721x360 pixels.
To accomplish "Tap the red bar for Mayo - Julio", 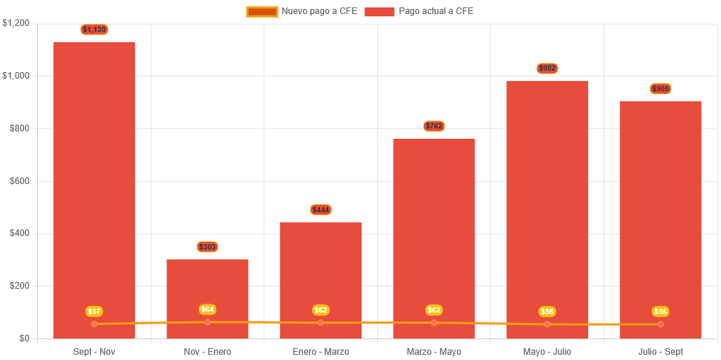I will (x=547, y=200).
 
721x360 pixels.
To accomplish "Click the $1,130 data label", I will (x=94, y=30).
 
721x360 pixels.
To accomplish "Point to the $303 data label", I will (x=207, y=246).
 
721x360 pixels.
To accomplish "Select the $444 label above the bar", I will (x=321, y=210).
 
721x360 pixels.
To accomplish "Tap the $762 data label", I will (x=434, y=126).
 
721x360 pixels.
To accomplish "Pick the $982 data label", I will (x=547, y=68).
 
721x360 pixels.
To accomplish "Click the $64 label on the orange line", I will (x=207, y=310).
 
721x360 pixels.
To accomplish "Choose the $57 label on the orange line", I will (x=94, y=312).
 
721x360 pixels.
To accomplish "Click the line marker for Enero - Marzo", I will (x=321, y=323).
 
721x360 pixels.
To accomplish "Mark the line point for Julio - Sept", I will (x=660, y=324).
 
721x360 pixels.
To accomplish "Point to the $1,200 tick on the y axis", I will (x=16, y=23).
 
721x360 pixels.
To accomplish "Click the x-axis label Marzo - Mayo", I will (x=434, y=351).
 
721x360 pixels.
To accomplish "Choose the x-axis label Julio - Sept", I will (x=660, y=351).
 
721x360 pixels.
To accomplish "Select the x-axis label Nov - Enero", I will (x=207, y=351).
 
